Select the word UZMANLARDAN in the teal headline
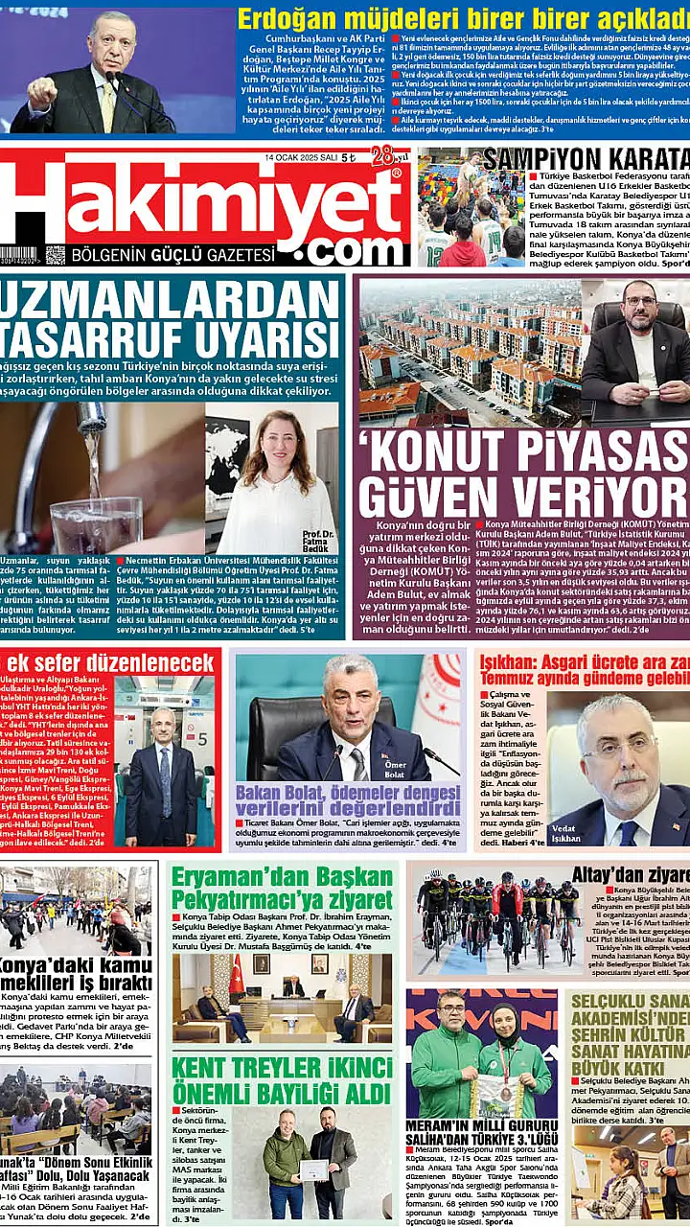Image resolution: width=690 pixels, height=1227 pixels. click(168, 299)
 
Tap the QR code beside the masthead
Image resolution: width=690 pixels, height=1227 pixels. click(55, 255)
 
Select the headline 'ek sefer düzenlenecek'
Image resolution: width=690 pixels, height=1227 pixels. click(109, 663)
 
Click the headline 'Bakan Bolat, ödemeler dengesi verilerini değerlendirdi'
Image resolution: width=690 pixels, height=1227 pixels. click(349, 803)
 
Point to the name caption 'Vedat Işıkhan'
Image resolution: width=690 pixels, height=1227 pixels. click(565, 831)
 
